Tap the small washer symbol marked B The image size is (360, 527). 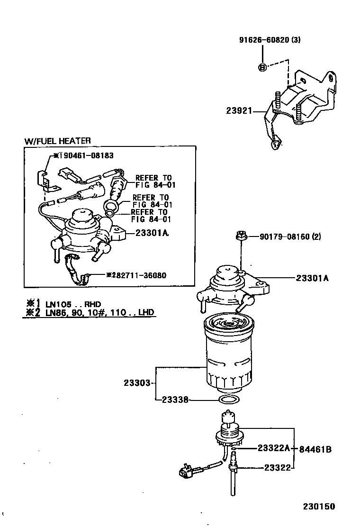click(262, 68)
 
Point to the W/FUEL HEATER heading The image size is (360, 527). click(57, 141)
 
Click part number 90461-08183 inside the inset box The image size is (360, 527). click(86, 155)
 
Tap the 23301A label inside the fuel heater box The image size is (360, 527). click(152, 233)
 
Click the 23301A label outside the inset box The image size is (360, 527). click(312, 278)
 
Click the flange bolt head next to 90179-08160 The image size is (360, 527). click(241, 236)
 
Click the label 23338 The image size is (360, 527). click(175, 400)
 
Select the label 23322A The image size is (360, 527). click(274, 448)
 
